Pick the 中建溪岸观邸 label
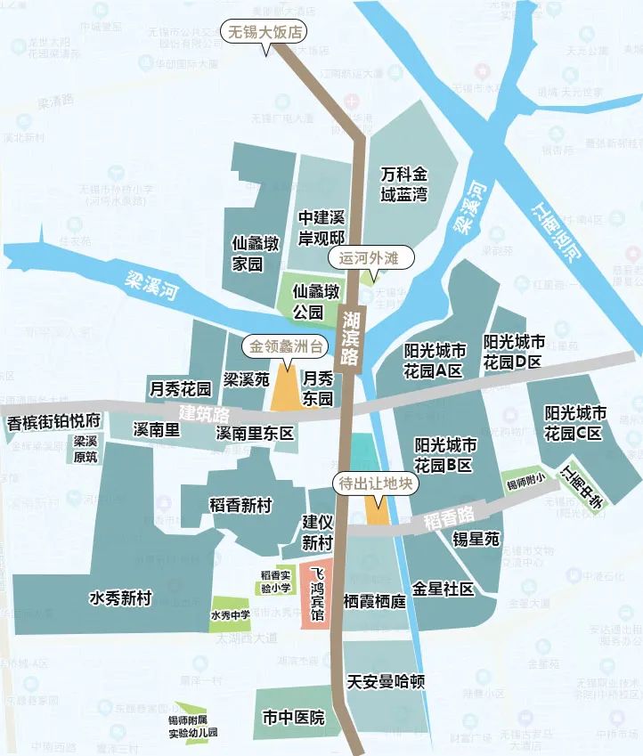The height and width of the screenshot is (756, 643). (321, 228)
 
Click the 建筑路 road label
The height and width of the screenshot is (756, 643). (204, 414)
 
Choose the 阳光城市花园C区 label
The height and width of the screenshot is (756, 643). (574, 424)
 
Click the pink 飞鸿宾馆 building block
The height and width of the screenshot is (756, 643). (317, 595)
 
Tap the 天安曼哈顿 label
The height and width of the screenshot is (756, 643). (386, 683)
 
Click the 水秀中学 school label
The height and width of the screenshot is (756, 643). (231, 614)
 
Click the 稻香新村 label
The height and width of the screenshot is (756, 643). (238, 505)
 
